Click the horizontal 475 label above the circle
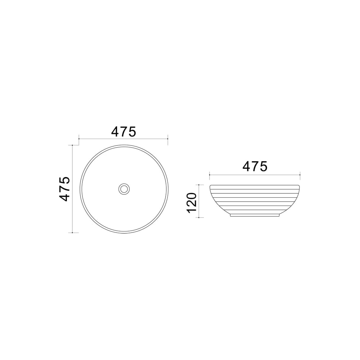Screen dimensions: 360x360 point(124,132)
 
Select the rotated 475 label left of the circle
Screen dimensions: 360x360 point(64,189)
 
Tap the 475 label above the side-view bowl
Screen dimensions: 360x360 point(255,166)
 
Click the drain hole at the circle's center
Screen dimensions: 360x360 point(124,189)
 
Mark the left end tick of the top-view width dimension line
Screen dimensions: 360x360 point(79,139)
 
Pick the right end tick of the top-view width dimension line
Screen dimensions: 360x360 point(168,139)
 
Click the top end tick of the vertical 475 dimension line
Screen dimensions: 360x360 point(72,145)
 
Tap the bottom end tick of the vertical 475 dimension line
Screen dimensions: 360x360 point(72,233)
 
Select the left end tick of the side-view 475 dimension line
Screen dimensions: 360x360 point(210,175)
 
